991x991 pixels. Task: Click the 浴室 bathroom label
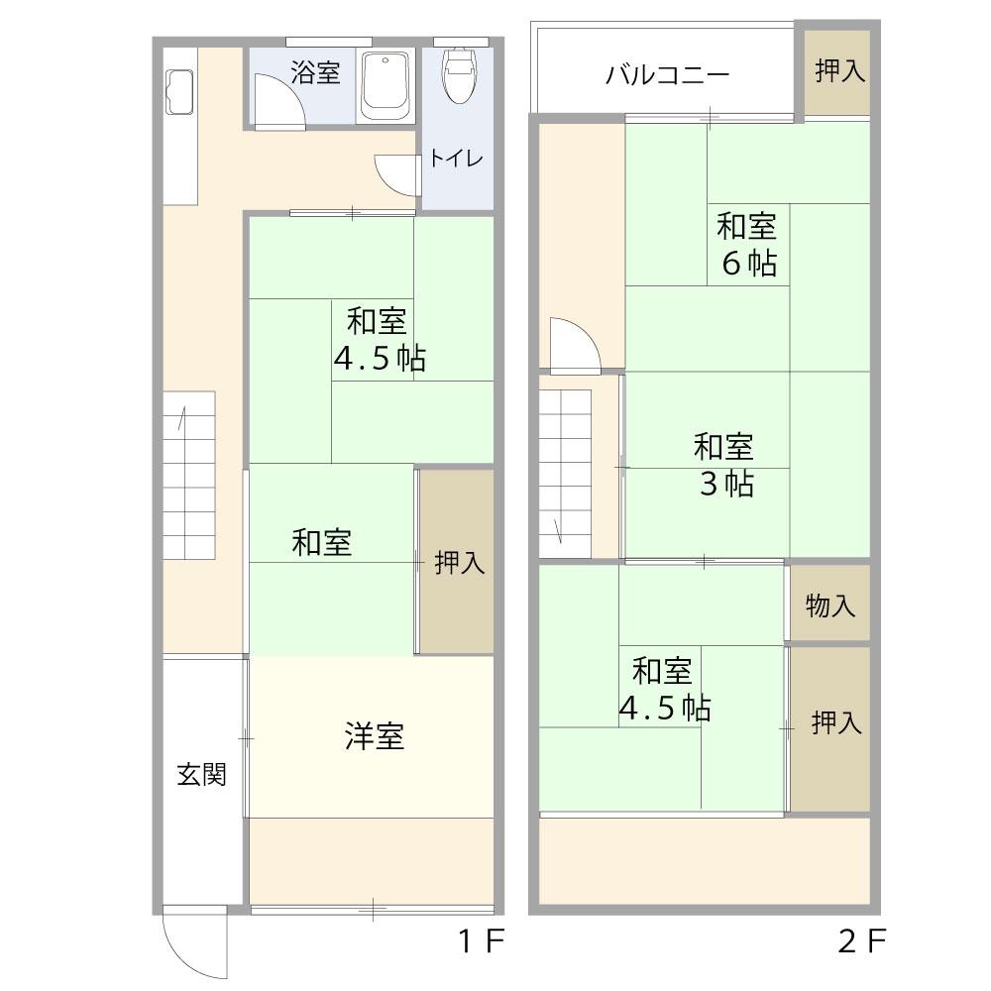(316, 72)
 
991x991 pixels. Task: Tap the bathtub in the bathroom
(385, 86)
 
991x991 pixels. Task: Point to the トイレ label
(456, 158)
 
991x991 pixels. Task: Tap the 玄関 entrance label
(201, 774)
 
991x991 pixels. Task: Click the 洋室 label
(374, 736)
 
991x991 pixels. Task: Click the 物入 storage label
(830, 606)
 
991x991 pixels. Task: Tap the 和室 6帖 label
(747, 245)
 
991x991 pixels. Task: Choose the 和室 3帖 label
(723, 465)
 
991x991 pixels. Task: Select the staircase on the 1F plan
(189, 476)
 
